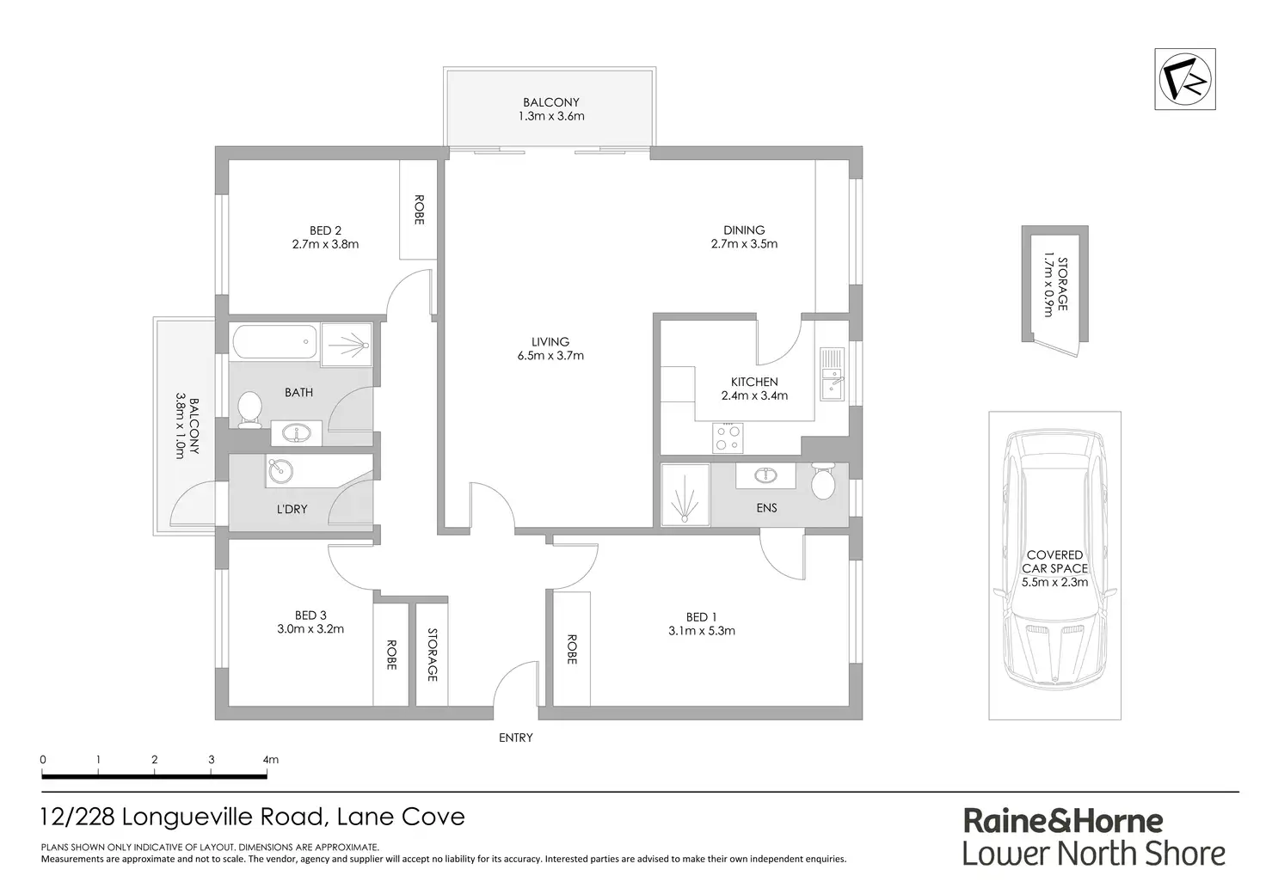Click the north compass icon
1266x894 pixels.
(x=1184, y=79)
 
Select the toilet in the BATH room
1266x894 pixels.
(x=249, y=409)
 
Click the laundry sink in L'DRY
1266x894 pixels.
(x=280, y=472)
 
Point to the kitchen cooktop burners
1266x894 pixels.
(x=728, y=438)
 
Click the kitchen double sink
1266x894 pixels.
(x=832, y=374)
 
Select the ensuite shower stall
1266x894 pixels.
(x=685, y=495)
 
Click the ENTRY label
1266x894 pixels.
(x=516, y=738)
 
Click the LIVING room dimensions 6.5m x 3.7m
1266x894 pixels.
(x=550, y=355)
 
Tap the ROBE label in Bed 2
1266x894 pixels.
(x=419, y=210)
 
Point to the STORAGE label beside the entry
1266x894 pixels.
(x=433, y=654)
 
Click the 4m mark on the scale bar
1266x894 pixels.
(x=270, y=760)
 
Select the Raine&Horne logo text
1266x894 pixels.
(x=1063, y=821)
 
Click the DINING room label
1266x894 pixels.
(x=744, y=230)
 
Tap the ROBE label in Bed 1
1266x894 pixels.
(x=571, y=649)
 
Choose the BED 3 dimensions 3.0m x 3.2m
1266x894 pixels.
(x=310, y=628)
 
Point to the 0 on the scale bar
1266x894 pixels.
(x=43, y=760)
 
